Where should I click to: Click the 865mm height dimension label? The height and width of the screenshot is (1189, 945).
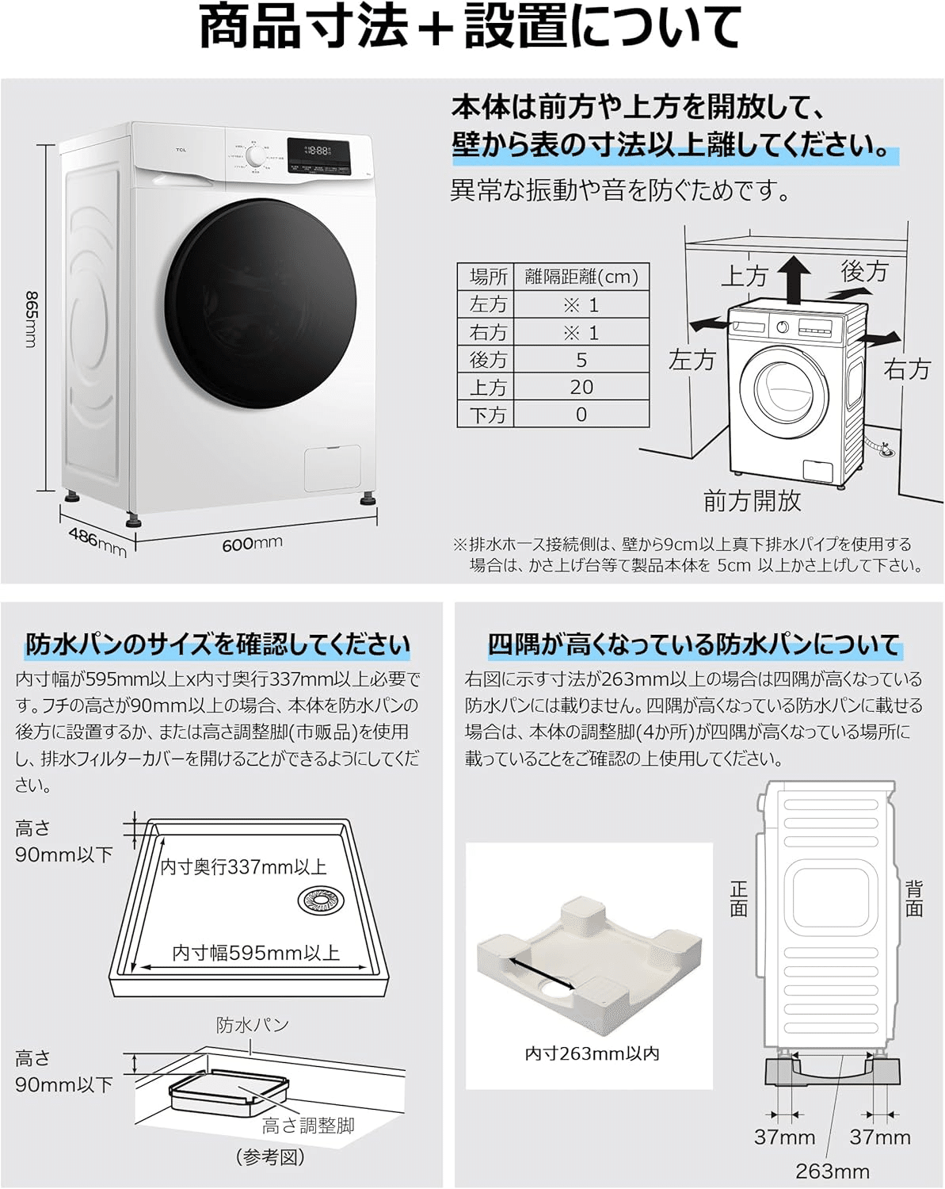[x=32, y=319]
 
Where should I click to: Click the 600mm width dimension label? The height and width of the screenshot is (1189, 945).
[x=252, y=544]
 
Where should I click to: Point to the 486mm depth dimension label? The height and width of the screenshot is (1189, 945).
[x=97, y=541]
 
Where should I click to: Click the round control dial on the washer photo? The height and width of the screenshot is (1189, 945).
[x=255, y=158]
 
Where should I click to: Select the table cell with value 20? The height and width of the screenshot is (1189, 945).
[x=581, y=387]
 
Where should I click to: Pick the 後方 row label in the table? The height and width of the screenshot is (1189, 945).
[x=487, y=360]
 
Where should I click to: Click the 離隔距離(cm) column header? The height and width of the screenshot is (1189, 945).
[x=581, y=277]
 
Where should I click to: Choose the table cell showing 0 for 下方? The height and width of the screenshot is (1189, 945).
[x=581, y=415]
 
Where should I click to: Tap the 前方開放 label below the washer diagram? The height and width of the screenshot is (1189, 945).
[x=752, y=501]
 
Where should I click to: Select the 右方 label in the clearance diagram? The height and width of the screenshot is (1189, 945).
[x=907, y=369]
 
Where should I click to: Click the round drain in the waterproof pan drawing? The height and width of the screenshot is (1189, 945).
[x=321, y=900]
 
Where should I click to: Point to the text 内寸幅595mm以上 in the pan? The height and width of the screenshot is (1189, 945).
[x=256, y=953]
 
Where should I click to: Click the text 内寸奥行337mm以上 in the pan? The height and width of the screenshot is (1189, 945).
[x=244, y=867]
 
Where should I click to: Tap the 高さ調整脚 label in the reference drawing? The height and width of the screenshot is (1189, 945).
[x=308, y=1126]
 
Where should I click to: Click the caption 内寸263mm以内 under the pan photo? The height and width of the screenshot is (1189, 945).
[x=592, y=1053]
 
